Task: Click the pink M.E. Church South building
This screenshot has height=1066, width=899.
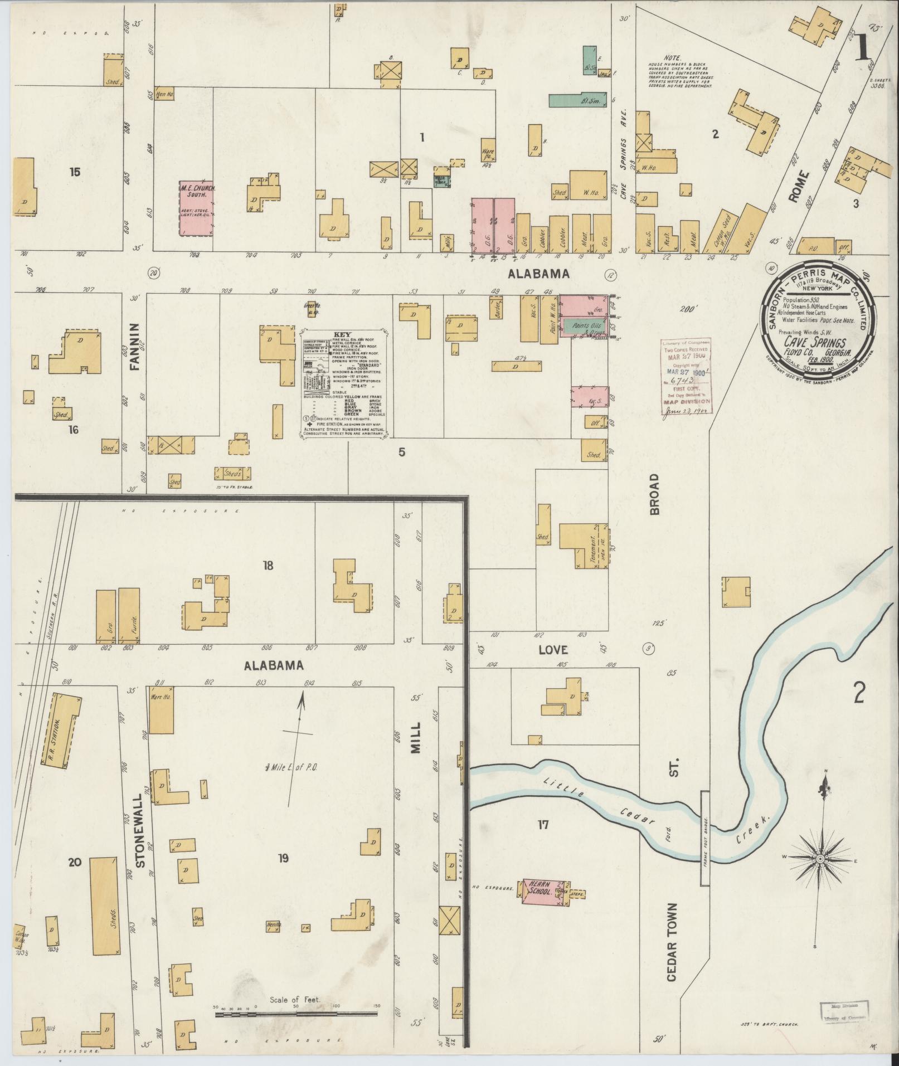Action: pos(196,207)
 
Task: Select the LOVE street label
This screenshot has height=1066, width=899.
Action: pos(553,650)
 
